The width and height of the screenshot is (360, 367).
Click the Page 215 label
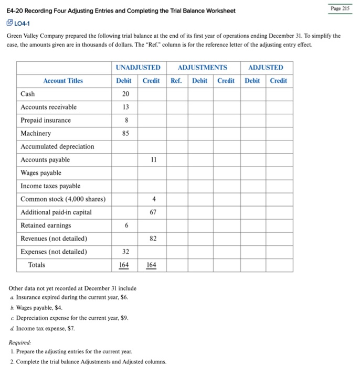tap(341, 8)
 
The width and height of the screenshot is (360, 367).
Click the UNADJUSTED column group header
tap(137, 68)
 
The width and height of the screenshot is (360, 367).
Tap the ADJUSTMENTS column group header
tap(203, 68)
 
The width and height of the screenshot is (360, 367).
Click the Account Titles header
tap(63, 81)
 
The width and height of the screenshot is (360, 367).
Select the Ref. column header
tap(177, 81)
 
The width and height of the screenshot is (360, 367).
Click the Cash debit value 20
tap(125, 94)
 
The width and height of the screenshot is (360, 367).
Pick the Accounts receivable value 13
tap(125, 107)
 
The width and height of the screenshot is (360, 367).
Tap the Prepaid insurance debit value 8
tap(125, 120)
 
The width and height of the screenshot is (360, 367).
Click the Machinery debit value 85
tap(125, 133)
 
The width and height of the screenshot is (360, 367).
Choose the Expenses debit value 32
tap(125, 252)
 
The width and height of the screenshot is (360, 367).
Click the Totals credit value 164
tap(151, 265)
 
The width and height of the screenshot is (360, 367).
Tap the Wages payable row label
tap(40, 173)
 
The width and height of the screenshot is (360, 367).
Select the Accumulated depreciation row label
tap(57, 147)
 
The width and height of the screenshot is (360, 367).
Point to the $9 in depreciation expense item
tap(123, 318)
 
